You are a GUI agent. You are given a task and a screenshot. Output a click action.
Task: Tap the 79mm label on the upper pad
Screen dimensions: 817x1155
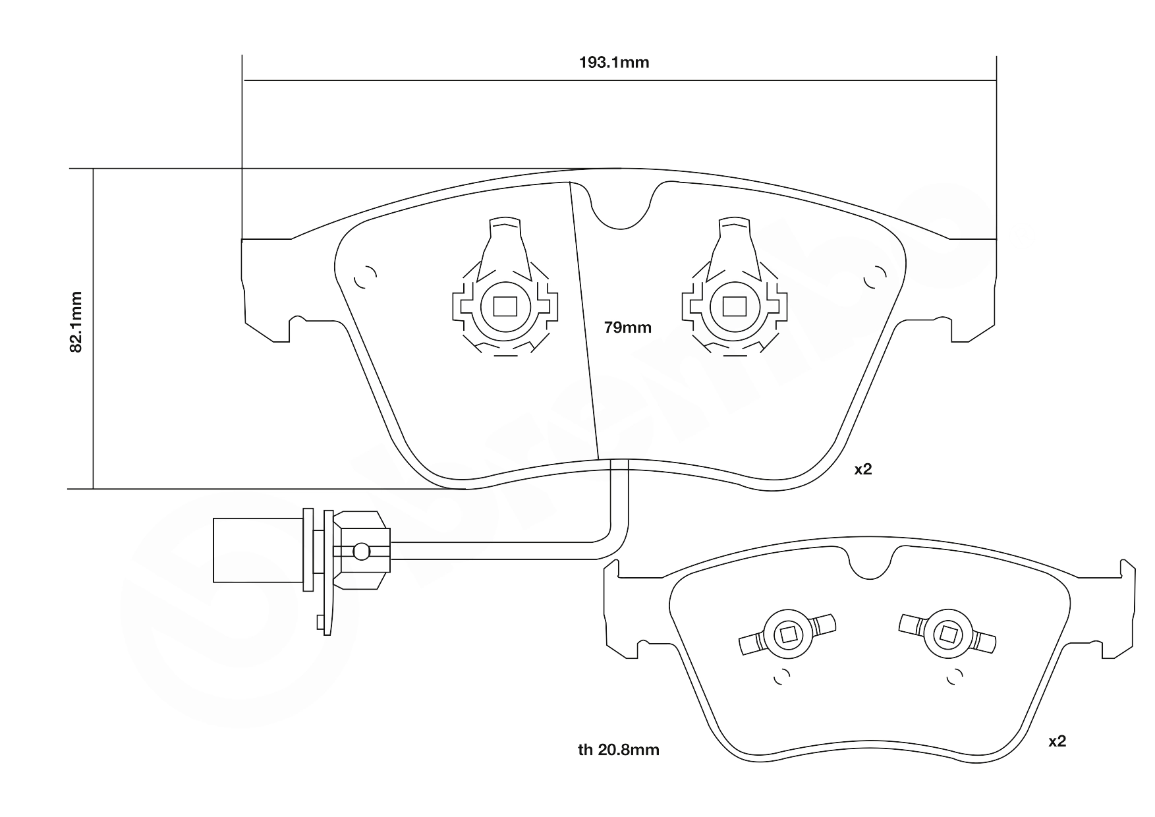(x=627, y=327)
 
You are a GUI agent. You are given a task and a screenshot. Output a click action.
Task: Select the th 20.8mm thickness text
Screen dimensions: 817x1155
(x=618, y=750)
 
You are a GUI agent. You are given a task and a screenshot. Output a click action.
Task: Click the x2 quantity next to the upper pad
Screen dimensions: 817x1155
(x=862, y=469)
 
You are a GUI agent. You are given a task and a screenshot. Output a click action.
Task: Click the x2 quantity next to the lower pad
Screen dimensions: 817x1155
(x=1057, y=741)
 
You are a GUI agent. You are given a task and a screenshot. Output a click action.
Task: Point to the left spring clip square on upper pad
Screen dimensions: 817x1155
(x=505, y=306)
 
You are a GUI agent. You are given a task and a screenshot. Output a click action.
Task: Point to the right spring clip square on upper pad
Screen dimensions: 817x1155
(x=734, y=306)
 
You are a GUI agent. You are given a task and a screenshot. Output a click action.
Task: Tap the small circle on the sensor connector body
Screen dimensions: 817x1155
(x=361, y=551)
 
